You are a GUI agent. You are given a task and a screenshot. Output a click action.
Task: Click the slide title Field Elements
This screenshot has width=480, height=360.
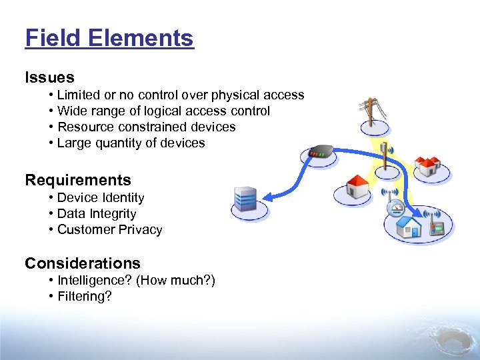(x=109, y=38)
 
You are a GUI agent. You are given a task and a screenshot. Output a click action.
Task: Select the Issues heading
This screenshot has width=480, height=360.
(x=49, y=78)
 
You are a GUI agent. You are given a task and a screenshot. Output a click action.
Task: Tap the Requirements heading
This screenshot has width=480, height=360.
(x=78, y=180)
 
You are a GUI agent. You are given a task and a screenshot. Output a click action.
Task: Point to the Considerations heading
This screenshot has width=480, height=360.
(x=83, y=263)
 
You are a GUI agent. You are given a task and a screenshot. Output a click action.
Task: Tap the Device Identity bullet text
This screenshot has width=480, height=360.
(x=101, y=198)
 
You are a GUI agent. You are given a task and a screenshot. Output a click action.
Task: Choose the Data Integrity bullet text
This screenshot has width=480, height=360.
(x=97, y=214)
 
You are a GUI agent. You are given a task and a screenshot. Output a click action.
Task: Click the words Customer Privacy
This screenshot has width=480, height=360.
(x=110, y=230)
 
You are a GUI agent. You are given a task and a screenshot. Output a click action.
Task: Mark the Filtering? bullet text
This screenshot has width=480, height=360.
(x=85, y=297)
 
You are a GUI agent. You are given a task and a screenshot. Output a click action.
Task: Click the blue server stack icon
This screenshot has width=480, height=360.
(x=245, y=199)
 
